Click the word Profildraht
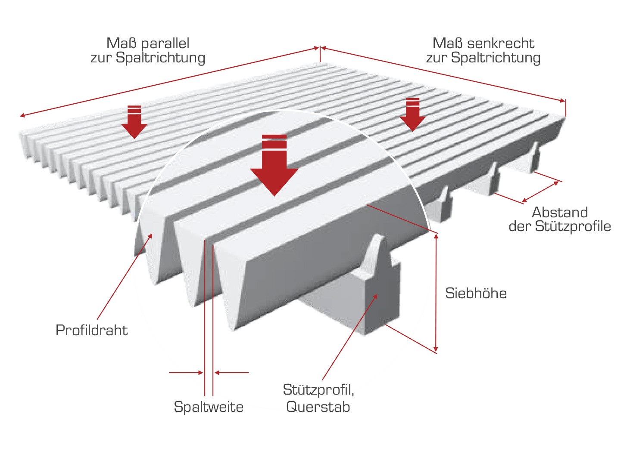[x=92, y=330]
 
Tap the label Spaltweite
[x=209, y=407]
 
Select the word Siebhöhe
[x=476, y=293]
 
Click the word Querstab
[x=318, y=407]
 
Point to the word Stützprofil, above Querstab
[x=318, y=390]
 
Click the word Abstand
[x=560, y=212]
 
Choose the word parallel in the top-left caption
[x=165, y=43]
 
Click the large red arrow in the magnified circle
[x=274, y=165]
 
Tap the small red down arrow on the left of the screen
[x=134, y=122]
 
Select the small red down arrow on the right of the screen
[x=412, y=114]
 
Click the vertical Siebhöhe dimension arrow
[x=436, y=293]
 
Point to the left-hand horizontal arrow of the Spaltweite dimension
[x=186, y=373]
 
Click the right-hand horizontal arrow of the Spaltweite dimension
[x=231, y=373]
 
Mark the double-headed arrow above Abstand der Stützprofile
[x=540, y=192]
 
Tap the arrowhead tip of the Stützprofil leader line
[x=377, y=294]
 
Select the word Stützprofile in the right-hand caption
[x=573, y=227]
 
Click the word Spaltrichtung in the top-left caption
[x=160, y=58]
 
